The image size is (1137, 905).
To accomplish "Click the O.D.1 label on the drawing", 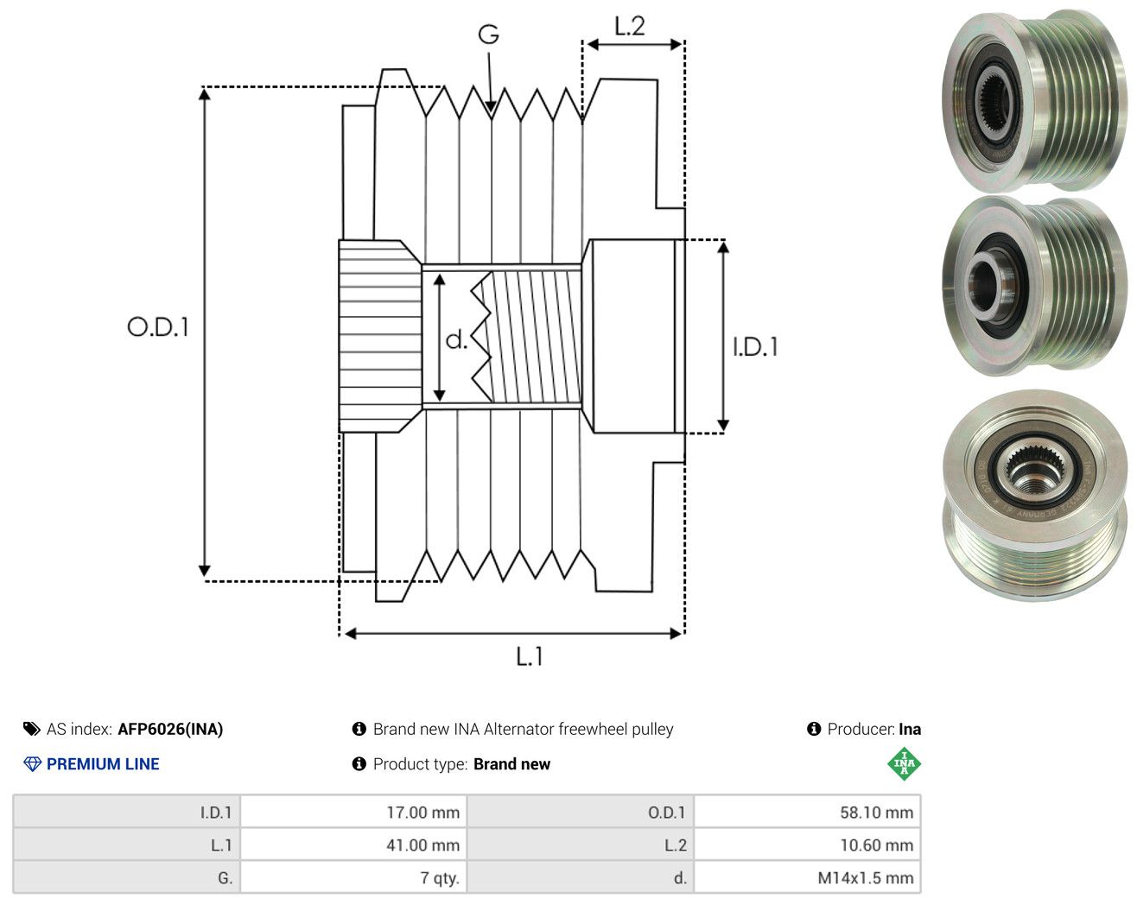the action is point(158,326).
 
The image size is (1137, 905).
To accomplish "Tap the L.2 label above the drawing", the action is point(630,26).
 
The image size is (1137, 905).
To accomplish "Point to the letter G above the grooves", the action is point(488,35).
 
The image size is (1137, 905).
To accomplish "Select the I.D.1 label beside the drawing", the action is point(755,347).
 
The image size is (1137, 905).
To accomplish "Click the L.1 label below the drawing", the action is point(530,656).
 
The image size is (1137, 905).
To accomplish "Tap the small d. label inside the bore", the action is point(456,339).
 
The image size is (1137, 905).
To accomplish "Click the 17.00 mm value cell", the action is point(353,812).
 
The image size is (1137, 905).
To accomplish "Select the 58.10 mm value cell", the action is point(807,812).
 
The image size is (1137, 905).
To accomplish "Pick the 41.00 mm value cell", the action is point(353,845).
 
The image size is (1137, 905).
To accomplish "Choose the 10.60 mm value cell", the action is point(807,845).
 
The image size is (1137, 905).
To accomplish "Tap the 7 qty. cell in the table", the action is point(353,877).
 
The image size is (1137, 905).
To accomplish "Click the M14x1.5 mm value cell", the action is point(807,877).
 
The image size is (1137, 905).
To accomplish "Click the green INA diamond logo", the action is point(904,763).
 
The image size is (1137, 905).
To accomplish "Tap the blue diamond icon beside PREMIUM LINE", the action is point(32,764).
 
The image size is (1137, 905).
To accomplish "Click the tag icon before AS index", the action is point(32,729).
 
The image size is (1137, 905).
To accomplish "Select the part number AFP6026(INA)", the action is point(170,729).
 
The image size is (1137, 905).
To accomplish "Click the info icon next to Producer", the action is point(814,729).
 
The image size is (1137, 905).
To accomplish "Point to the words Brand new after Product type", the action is point(511,764).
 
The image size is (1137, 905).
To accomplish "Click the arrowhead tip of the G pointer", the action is point(491,113).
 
